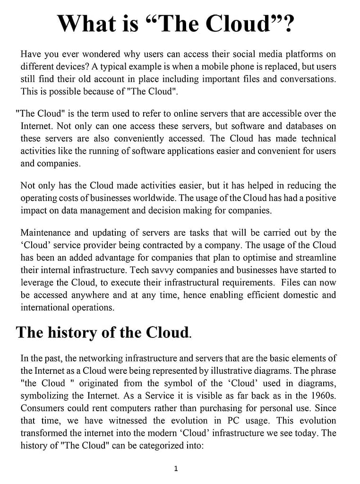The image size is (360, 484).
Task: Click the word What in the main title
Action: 85,24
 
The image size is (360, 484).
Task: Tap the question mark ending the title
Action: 287,24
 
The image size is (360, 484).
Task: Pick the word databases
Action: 300,126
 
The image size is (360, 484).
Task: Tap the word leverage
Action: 39,282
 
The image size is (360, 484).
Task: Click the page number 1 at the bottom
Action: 176,469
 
